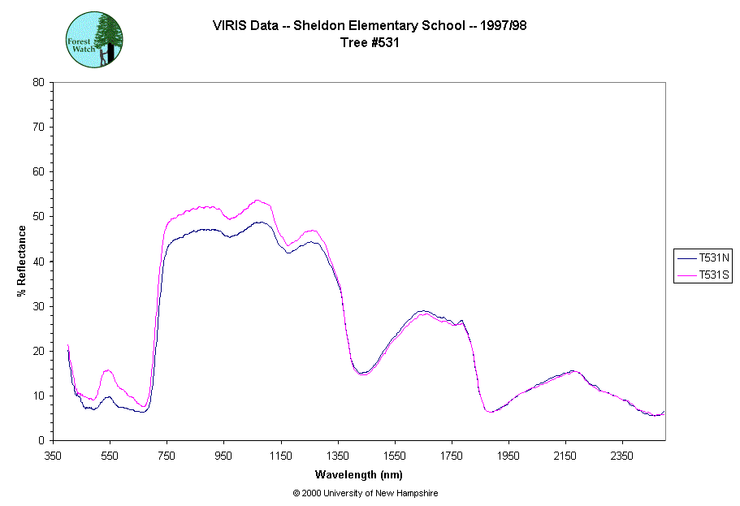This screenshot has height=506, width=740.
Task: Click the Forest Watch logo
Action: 94,39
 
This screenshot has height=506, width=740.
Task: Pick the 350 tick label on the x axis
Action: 54,456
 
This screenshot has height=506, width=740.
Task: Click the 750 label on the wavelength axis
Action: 167,456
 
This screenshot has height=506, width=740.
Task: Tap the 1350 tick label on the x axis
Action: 338,456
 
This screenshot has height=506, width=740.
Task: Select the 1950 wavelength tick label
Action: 508,456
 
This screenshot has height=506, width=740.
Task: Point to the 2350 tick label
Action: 622,456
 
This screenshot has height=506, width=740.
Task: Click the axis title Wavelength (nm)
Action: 359,474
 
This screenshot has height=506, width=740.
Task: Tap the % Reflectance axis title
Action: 21,261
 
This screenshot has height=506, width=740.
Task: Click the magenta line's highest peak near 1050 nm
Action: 257,200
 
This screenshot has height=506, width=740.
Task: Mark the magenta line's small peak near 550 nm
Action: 107,370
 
